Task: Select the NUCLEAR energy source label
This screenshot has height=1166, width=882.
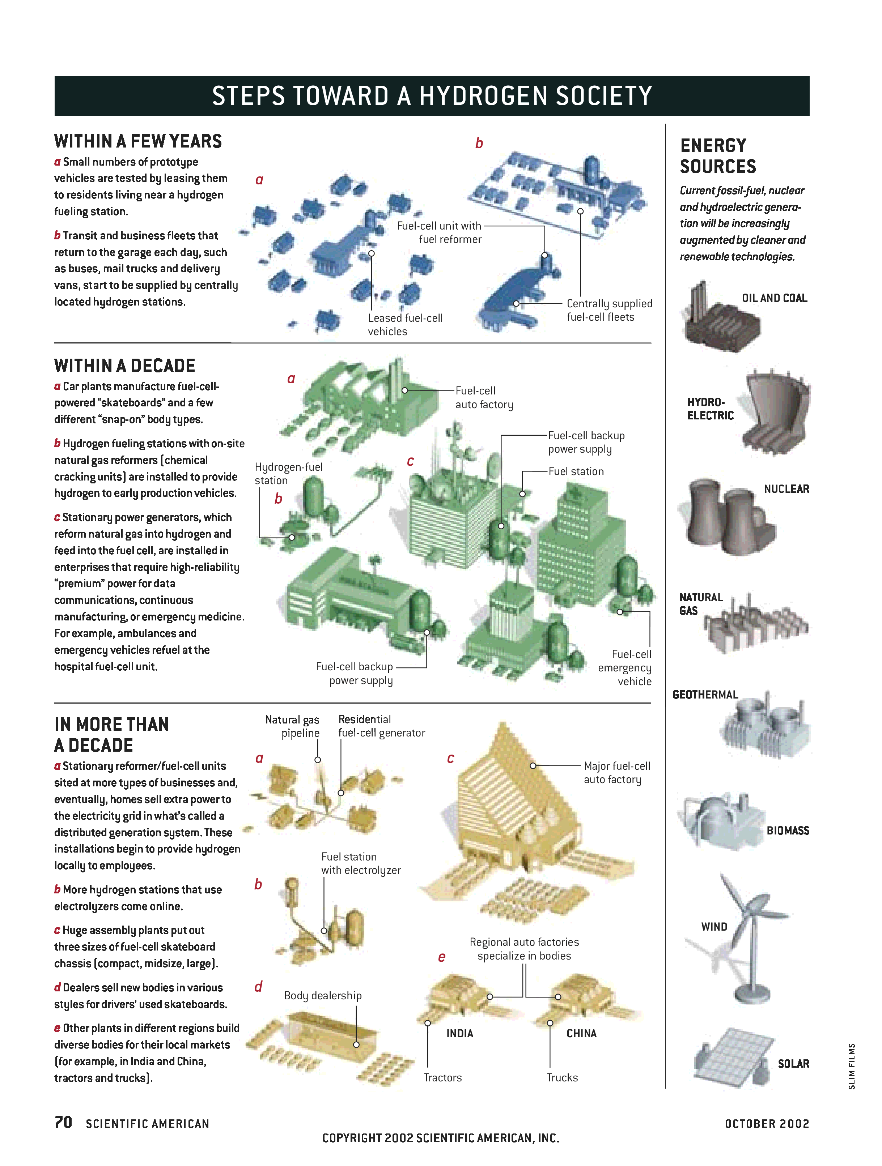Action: coord(786,489)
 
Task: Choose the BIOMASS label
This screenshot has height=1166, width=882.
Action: coord(788,831)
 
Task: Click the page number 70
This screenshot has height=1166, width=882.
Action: coord(63,1122)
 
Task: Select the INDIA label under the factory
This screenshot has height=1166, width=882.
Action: coord(459,1034)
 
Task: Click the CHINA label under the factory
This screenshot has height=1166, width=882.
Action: coord(581,1034)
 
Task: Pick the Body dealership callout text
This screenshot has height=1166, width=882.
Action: coord(323,996)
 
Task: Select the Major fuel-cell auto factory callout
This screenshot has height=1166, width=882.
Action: coord(617,773)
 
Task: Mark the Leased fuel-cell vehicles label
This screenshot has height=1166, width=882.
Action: coord(405,325)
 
